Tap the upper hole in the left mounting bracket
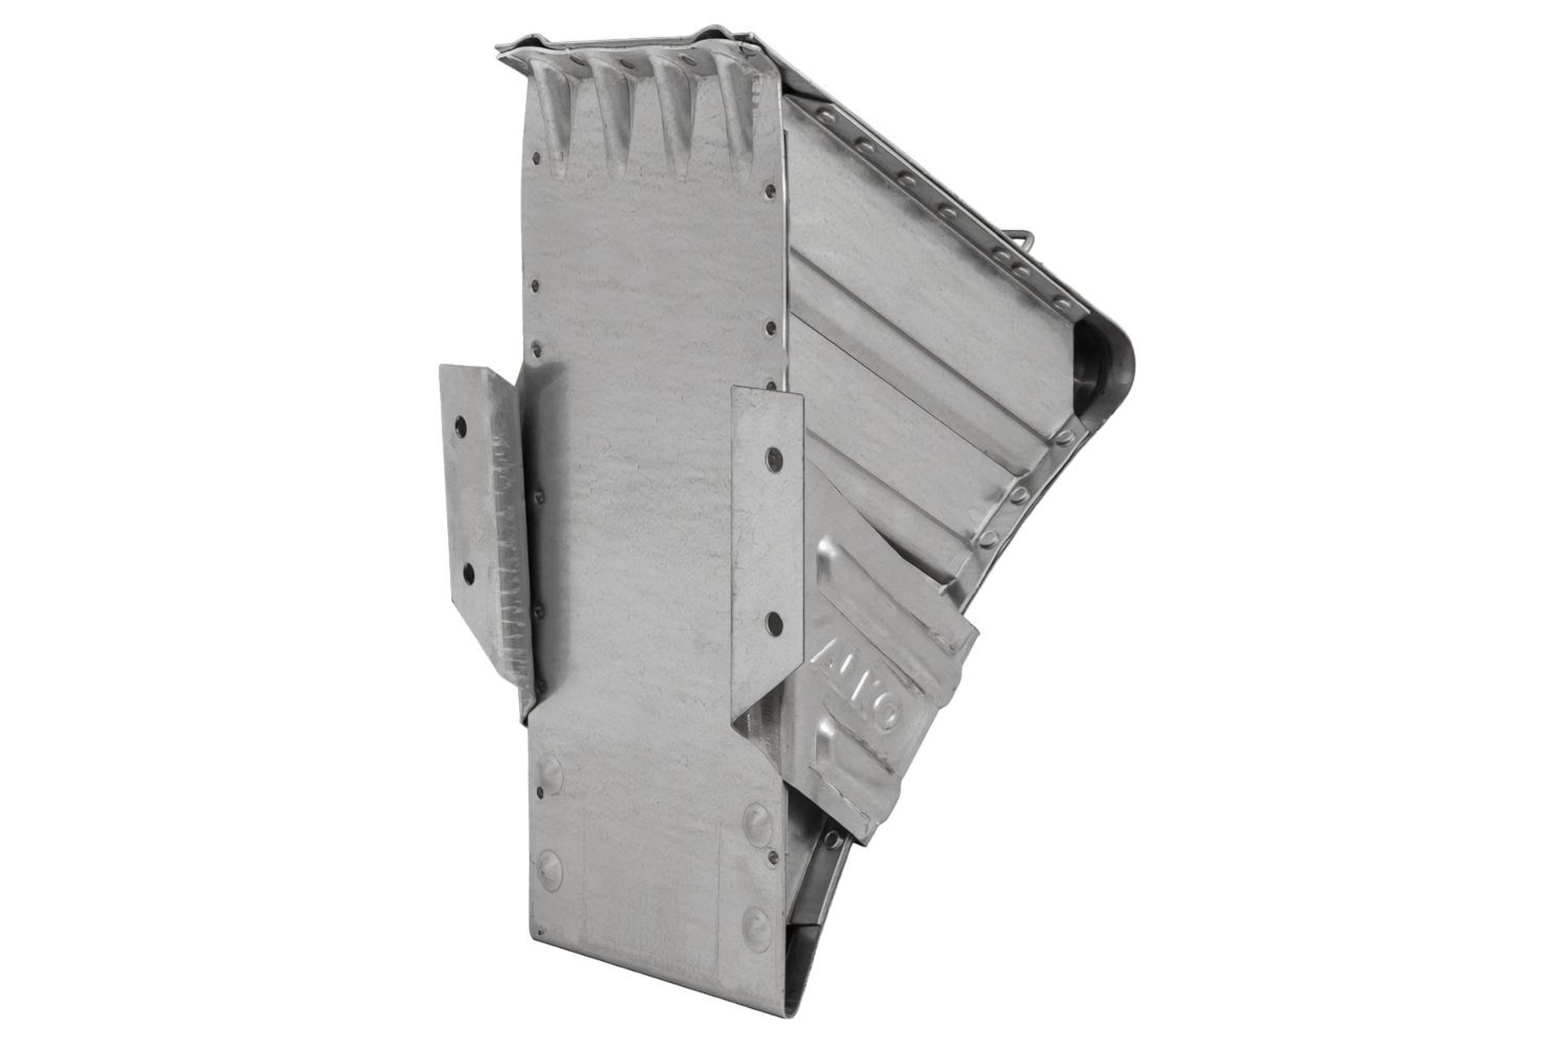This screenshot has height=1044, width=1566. point(460,427)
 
